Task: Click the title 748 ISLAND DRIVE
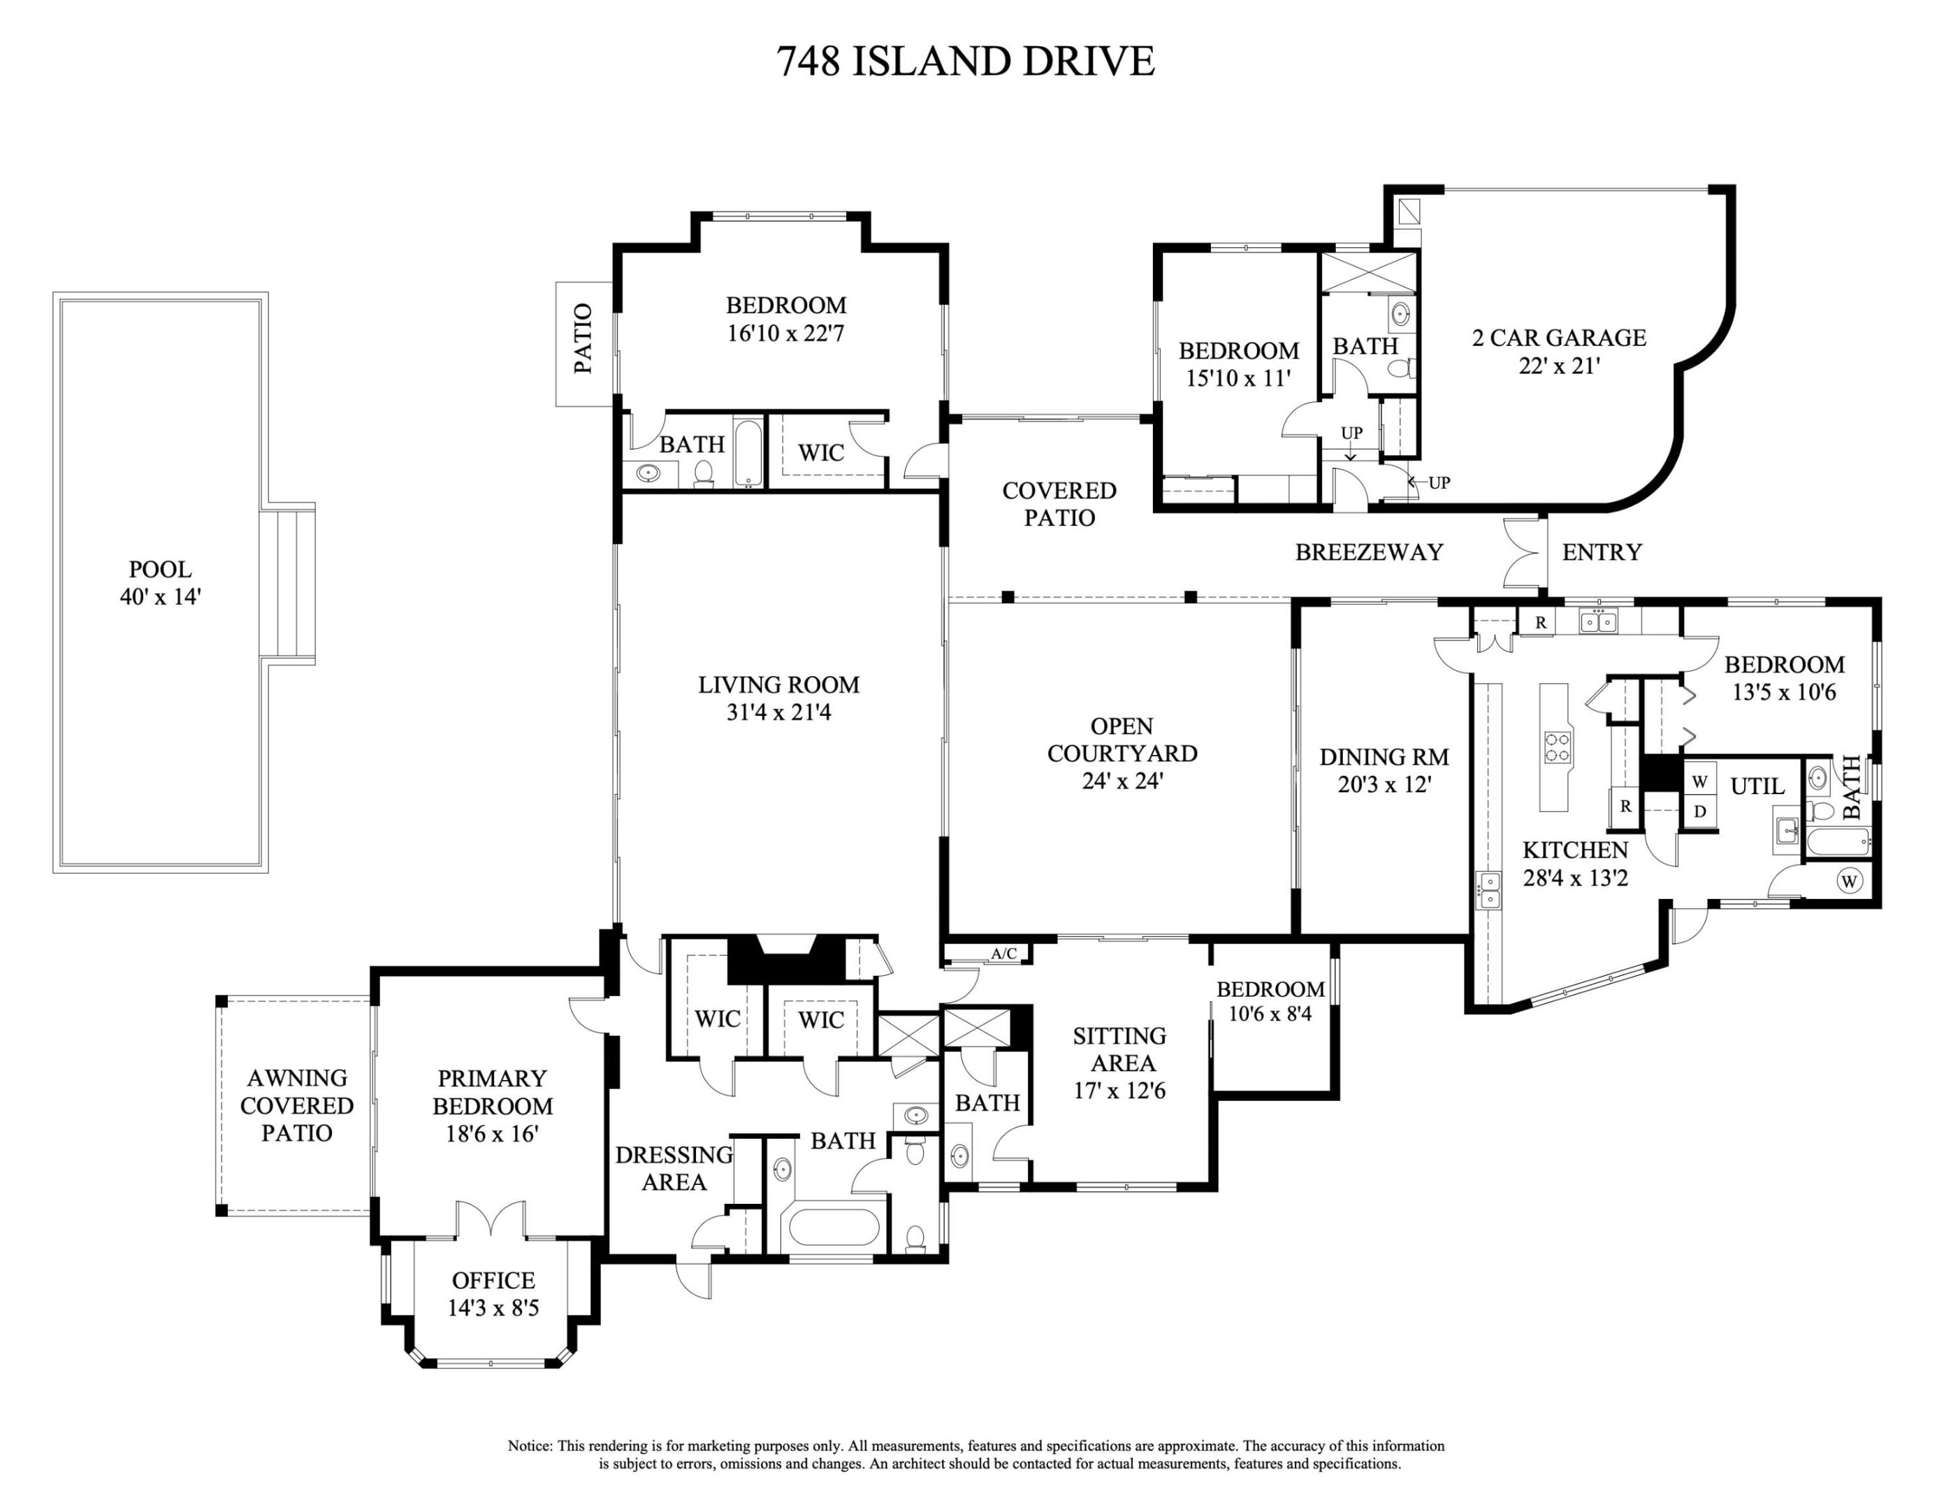coord(965,62)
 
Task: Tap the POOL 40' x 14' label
coord(160,582)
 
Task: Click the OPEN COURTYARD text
coord(1121,740)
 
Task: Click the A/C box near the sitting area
coord(1003,954)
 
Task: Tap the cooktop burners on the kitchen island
coord(1558,746)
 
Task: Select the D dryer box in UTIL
coord(1700,812)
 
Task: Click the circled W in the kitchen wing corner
coord(1850,881)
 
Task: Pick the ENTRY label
coord(1602,553)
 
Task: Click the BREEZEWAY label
coord(1369,553)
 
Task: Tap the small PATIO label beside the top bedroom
coord(583,339)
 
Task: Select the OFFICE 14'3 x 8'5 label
coord(493,1293)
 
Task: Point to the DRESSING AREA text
coord(674,1168)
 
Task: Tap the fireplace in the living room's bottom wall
coord(785,959)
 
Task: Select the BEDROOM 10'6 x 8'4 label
coord(1270,1001)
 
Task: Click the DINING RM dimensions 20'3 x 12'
coord(1384,784)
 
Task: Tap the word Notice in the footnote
coord(530,1446)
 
